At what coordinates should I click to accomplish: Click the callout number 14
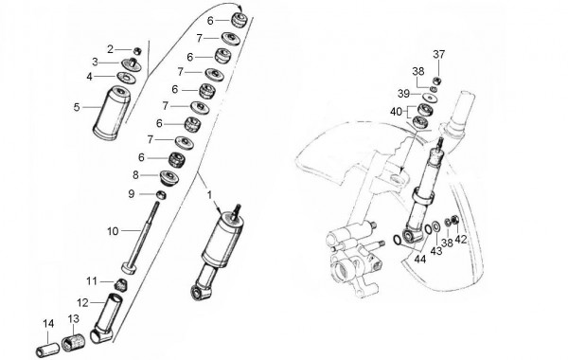coord(48,324)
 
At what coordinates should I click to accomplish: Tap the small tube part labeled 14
coord(48,350)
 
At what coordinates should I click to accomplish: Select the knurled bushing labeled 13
coord(73,343)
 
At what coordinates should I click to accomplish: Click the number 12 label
coord(83,302)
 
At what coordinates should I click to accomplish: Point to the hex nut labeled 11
coord(121,284)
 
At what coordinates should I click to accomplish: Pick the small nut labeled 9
coord(161,195)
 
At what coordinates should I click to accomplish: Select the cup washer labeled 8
coord(169,177)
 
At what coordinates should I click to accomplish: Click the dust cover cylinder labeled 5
coord(112,113)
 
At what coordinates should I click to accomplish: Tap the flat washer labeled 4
coord(127,78)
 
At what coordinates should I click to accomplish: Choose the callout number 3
coord(95,62)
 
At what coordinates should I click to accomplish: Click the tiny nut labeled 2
coord(137,51)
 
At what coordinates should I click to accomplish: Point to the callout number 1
coord(209,195)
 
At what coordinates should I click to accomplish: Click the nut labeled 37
coord(437,81)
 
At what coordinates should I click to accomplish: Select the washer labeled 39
coord(431,98)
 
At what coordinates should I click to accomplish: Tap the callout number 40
coord(397,112)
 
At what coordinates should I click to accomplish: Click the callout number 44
coord(420,259)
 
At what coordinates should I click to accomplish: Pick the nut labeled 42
coord(455,220)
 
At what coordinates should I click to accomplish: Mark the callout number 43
coord(435,250)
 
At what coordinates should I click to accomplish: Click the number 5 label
coord(77,107)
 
